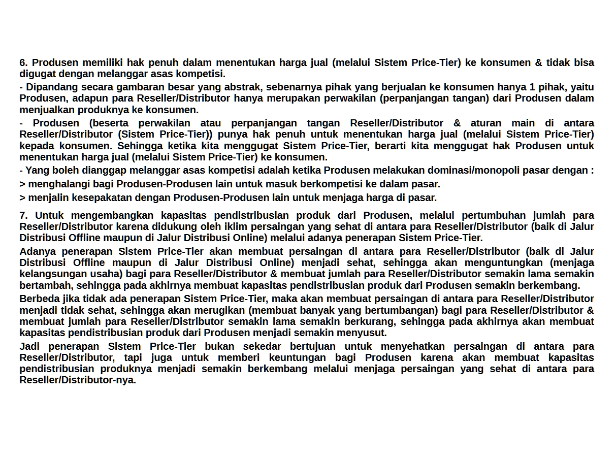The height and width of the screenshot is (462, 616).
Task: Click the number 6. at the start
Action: click(24, 63)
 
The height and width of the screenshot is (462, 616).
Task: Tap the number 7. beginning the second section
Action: click(24, 215)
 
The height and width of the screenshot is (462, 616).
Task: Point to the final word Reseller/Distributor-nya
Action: click(78, 380)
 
